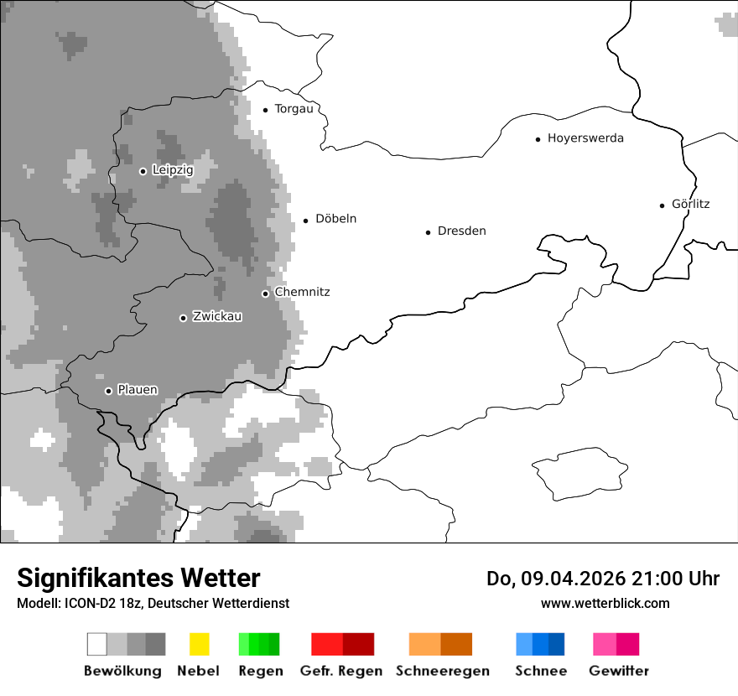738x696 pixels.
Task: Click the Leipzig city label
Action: pyautogui.click(x=173, y=170)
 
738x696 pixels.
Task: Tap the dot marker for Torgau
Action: pyautogui.click(x=266, y=110)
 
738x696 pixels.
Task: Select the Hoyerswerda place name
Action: pyautogui.click(x=585, y=138)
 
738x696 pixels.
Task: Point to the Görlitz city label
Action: pyautogui.click(x=690, y=204)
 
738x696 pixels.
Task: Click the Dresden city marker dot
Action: pyautogui.click(x=428, y=232)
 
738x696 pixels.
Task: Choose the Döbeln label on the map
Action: pyautogui.click(x=335, y=219)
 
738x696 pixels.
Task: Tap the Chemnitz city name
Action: pyautogui.click(x=302, y=292)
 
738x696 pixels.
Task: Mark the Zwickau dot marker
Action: pyautogui.click(x=183, y=318)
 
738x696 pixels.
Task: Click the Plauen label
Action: pyautogui.click(x=138, y=390)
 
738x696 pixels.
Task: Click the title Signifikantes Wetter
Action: pyautogui.click(x=138, y=579)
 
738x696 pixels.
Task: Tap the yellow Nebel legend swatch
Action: pyautogui.click(x=199, y=644)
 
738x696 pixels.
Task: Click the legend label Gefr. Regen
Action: pyautogui.click(x=341, y=671)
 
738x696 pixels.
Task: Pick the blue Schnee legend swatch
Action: pyautogui.click(x=540, y=644)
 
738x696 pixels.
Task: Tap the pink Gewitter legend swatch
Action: pyautogui.click(x=616, y=644)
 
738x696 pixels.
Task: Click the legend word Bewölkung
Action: pyautogui.click(x=122, y=671)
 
